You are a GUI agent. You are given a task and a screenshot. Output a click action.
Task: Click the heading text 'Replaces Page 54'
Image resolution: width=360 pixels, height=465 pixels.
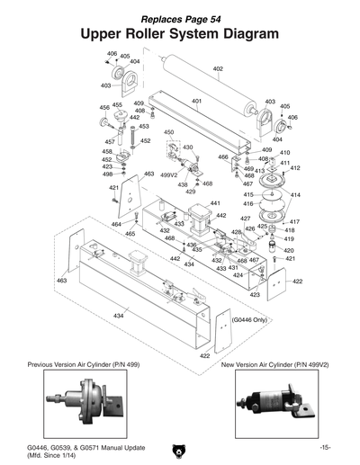point(180,18)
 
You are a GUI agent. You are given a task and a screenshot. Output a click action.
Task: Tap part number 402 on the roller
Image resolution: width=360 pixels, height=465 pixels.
point(218,69)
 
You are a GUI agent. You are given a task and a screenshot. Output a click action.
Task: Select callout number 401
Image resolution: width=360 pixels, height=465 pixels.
point(196,102)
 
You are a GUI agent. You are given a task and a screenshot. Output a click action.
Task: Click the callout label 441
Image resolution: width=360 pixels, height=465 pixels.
point(215,204)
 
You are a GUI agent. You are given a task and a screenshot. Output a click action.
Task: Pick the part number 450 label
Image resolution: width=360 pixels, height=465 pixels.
point(169,132)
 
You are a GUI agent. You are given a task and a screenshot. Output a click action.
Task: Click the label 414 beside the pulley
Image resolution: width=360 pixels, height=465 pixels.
point(295,195)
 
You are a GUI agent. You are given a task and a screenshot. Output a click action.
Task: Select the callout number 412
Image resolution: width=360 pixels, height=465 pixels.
point(295,168)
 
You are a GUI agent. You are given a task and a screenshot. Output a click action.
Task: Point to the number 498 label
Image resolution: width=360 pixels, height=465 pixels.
point(107,174)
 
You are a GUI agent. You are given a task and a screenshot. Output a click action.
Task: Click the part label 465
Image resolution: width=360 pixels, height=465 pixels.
point(130,233)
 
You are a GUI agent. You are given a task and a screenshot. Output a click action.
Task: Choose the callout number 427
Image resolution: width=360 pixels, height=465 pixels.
point(245,219)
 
